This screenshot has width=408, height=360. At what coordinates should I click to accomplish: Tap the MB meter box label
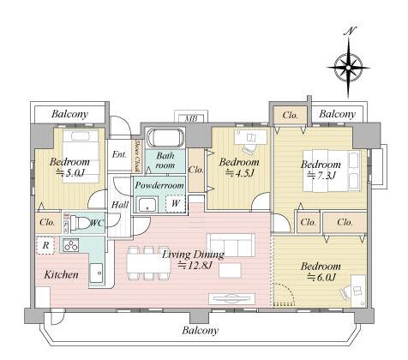click(191, 118)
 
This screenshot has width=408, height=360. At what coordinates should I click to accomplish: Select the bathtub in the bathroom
click(165, 138)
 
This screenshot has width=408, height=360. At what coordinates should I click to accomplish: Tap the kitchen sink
click(96, 273)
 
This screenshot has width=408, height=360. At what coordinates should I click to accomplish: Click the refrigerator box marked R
click(45, 245)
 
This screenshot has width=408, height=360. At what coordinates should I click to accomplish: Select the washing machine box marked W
click(176, 203)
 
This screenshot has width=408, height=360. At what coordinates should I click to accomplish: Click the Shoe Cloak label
click(138, 156)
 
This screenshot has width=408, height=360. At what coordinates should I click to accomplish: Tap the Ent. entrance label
click(119, 154)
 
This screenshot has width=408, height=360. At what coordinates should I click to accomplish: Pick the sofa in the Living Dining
click(231, 245)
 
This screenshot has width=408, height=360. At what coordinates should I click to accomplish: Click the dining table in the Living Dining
click(148, 263)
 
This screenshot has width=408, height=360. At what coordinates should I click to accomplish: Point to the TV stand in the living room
click(231, 298)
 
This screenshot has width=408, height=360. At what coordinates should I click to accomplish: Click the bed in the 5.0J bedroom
click(81, 156)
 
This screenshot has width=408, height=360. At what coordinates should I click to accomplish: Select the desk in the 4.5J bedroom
click(250, 137)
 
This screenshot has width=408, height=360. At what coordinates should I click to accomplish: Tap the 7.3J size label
click(321, 175)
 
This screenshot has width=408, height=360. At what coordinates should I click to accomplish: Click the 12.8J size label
click(195, 265)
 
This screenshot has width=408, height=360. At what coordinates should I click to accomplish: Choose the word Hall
click(120, 205)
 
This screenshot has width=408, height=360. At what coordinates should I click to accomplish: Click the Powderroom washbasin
click(147, 204)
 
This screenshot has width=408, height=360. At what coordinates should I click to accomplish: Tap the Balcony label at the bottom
click(201, 331)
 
